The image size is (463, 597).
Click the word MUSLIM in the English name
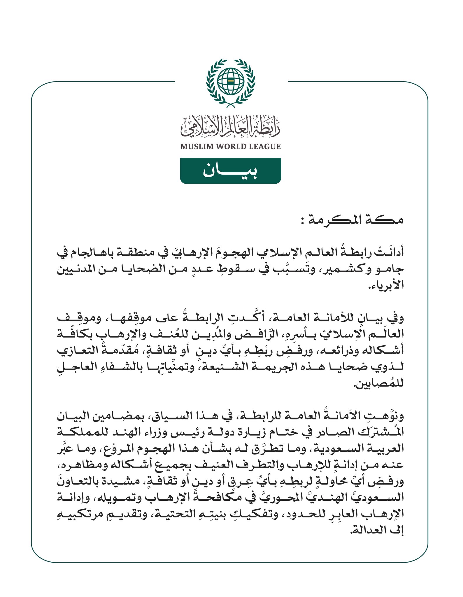tap(196, 147)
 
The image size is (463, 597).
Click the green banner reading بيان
tap(230, 171)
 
